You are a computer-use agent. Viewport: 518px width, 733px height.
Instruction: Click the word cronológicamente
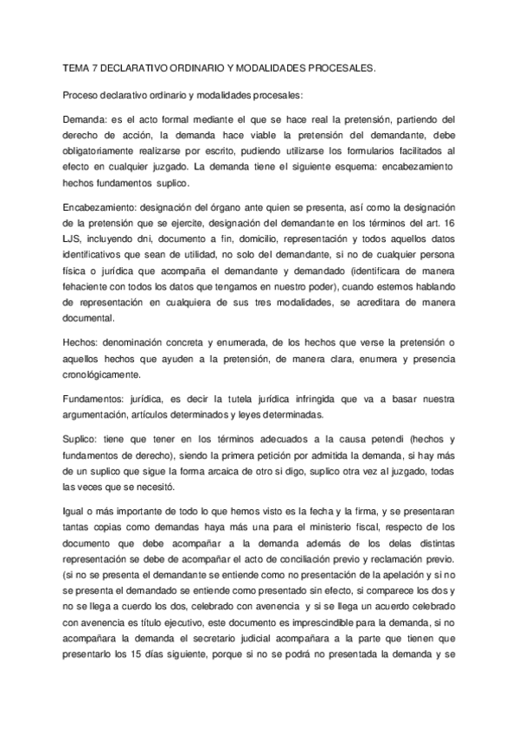click(106, 376)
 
